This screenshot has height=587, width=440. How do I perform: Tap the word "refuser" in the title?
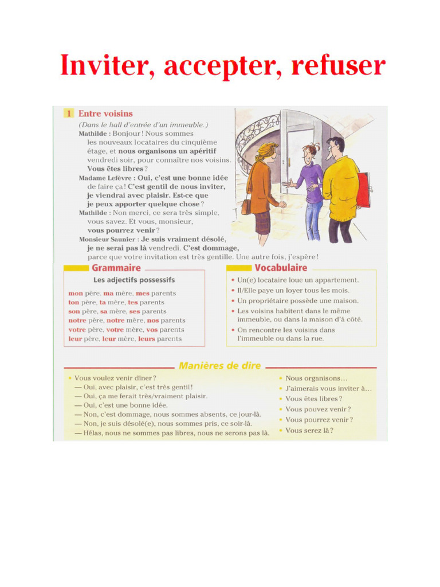(x=338, y=66)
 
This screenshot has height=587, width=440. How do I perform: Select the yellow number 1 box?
(x=68, y=114)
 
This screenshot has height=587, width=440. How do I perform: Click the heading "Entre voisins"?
(x=105, y=114)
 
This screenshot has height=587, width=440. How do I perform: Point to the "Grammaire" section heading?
(x=116, y=268)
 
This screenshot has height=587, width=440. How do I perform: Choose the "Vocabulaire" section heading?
(x=281, y=268)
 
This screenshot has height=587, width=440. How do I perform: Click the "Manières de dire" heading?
(x=220, y=366)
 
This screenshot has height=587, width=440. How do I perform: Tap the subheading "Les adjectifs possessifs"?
(x=134, y=280)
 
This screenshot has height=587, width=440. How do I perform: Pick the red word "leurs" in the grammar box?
(x=147, y=339)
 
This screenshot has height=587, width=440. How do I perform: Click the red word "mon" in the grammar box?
(x=75, y=293)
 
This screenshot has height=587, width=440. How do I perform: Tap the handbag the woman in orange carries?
(x=246, y=206)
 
